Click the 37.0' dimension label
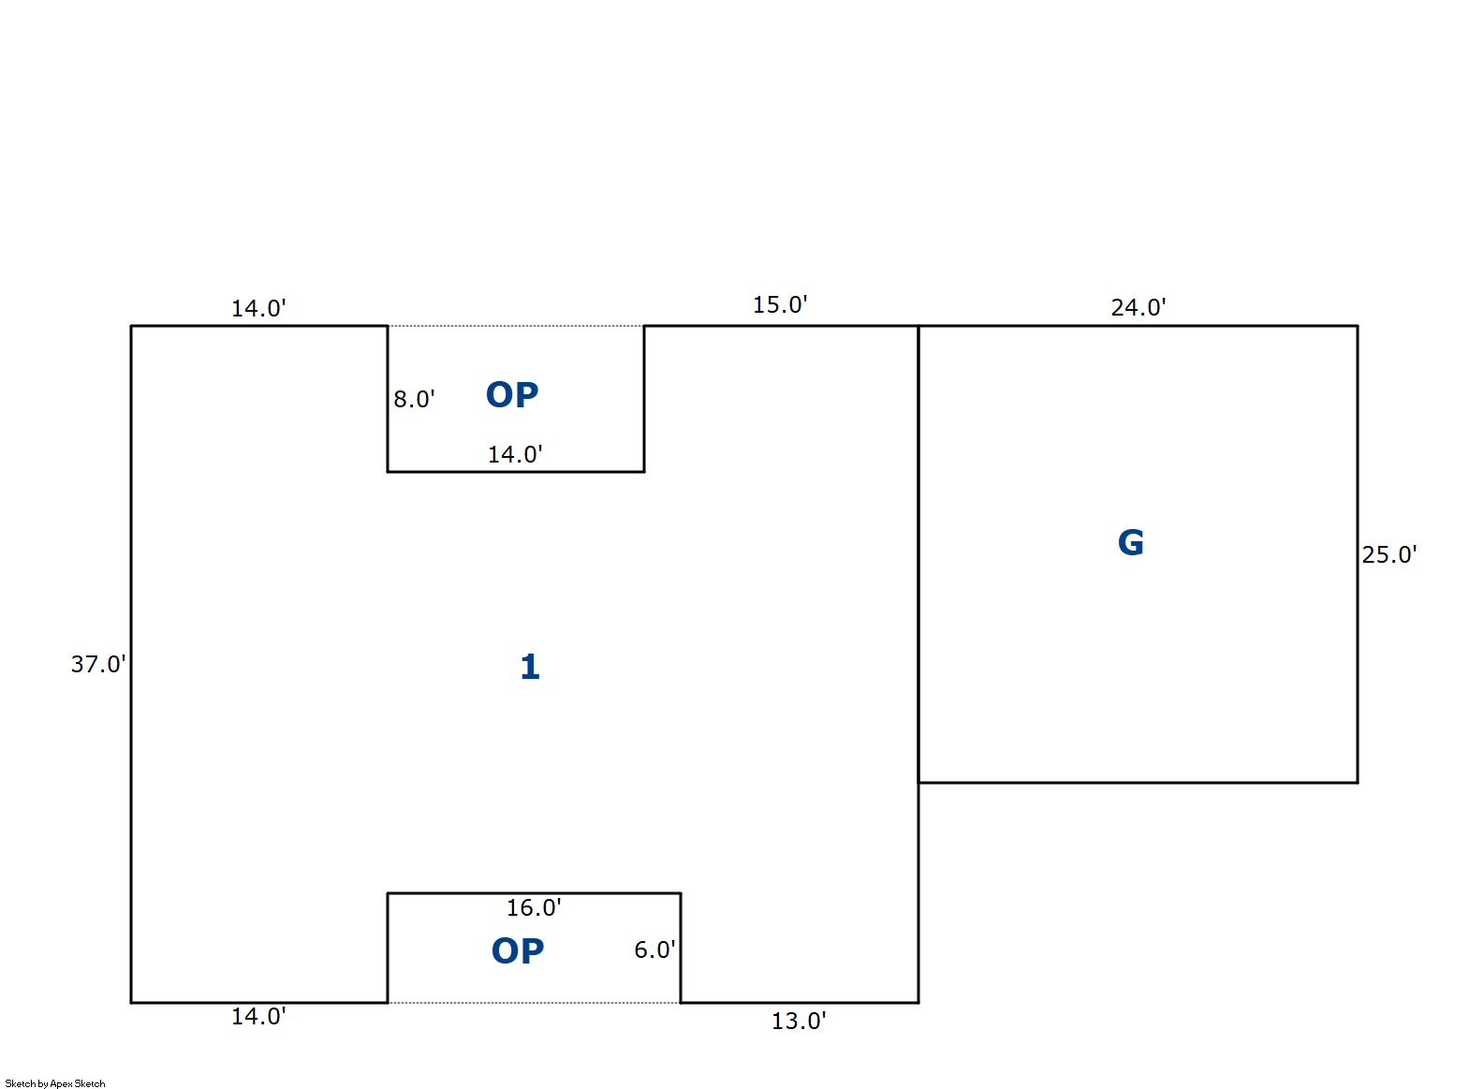click(98, 664)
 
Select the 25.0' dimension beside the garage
click(1388, 554)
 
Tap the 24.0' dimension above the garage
click(1138, 307)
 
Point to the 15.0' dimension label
click(780, 304)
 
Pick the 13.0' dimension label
click(798, 1021)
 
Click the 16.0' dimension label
click(534, 907)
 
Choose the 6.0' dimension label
click(654, 949)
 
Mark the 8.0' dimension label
click(414, 399)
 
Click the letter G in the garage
click(1130, 543)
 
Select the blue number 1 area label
click(530, 667)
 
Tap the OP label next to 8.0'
click(512, 395)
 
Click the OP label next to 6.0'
click(518, 951)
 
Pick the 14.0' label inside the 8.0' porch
click(515, 454)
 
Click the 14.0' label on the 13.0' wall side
click(258, 1016)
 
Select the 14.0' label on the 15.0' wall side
click(258, 308)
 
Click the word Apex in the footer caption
click(61, 1083)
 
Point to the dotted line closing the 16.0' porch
click(534, 1003)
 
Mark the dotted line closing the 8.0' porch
click(516, 326)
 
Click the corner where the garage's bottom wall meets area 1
click(918, 782)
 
